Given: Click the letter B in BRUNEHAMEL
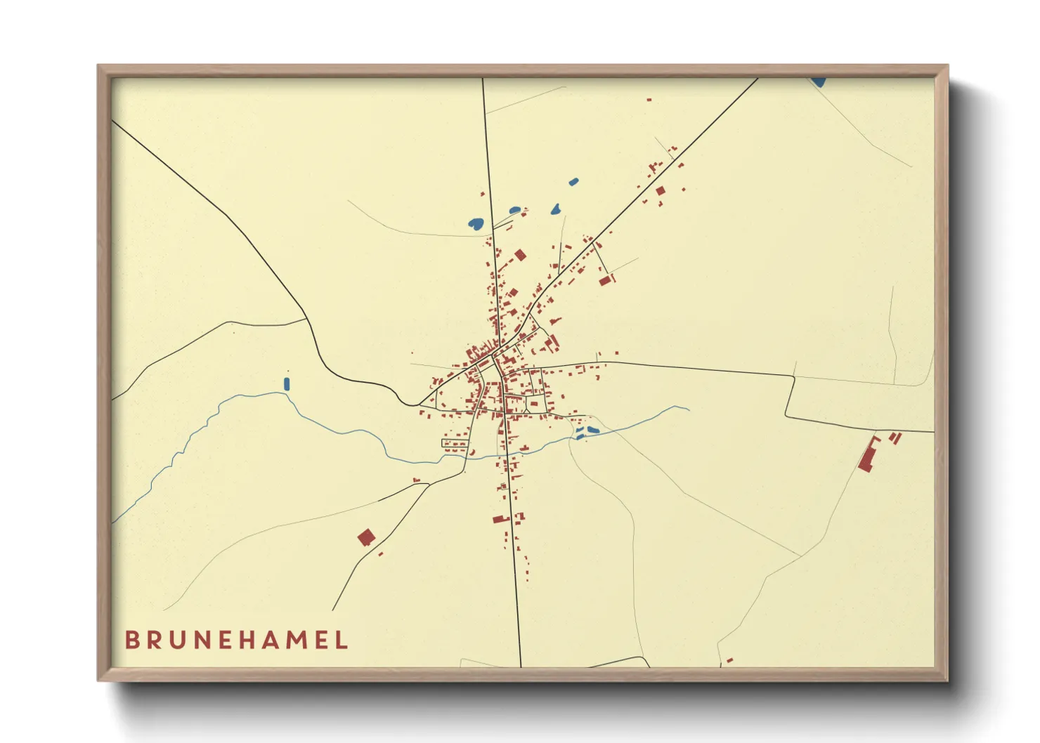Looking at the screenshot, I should [x=131, y=640].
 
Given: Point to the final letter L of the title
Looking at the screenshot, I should [x=342, y=640].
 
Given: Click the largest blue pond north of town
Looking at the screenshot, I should [x=476, y=225].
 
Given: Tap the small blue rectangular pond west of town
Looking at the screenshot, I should [x=286, y=383].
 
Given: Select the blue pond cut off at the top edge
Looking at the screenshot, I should [x=818, y=82].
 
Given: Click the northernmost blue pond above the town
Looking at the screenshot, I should [x=573, y=182].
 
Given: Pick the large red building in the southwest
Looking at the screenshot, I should [x=365, y=538].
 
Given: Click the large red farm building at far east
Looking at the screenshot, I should [x=868, y=456].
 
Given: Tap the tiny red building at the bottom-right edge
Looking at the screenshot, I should [x=729, y=660].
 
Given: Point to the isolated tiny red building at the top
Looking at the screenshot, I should [x=649, y=100].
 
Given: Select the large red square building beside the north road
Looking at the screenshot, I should [x=520, y=255].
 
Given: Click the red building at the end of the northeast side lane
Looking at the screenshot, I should [x=605, y=280].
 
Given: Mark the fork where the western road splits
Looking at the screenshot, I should [x=306, y=320].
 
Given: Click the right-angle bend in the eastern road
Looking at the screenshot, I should [x=793, y=377].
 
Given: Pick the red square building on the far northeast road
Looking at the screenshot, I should [x=660, y=190].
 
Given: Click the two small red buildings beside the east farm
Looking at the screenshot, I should [x=895, y=438].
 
